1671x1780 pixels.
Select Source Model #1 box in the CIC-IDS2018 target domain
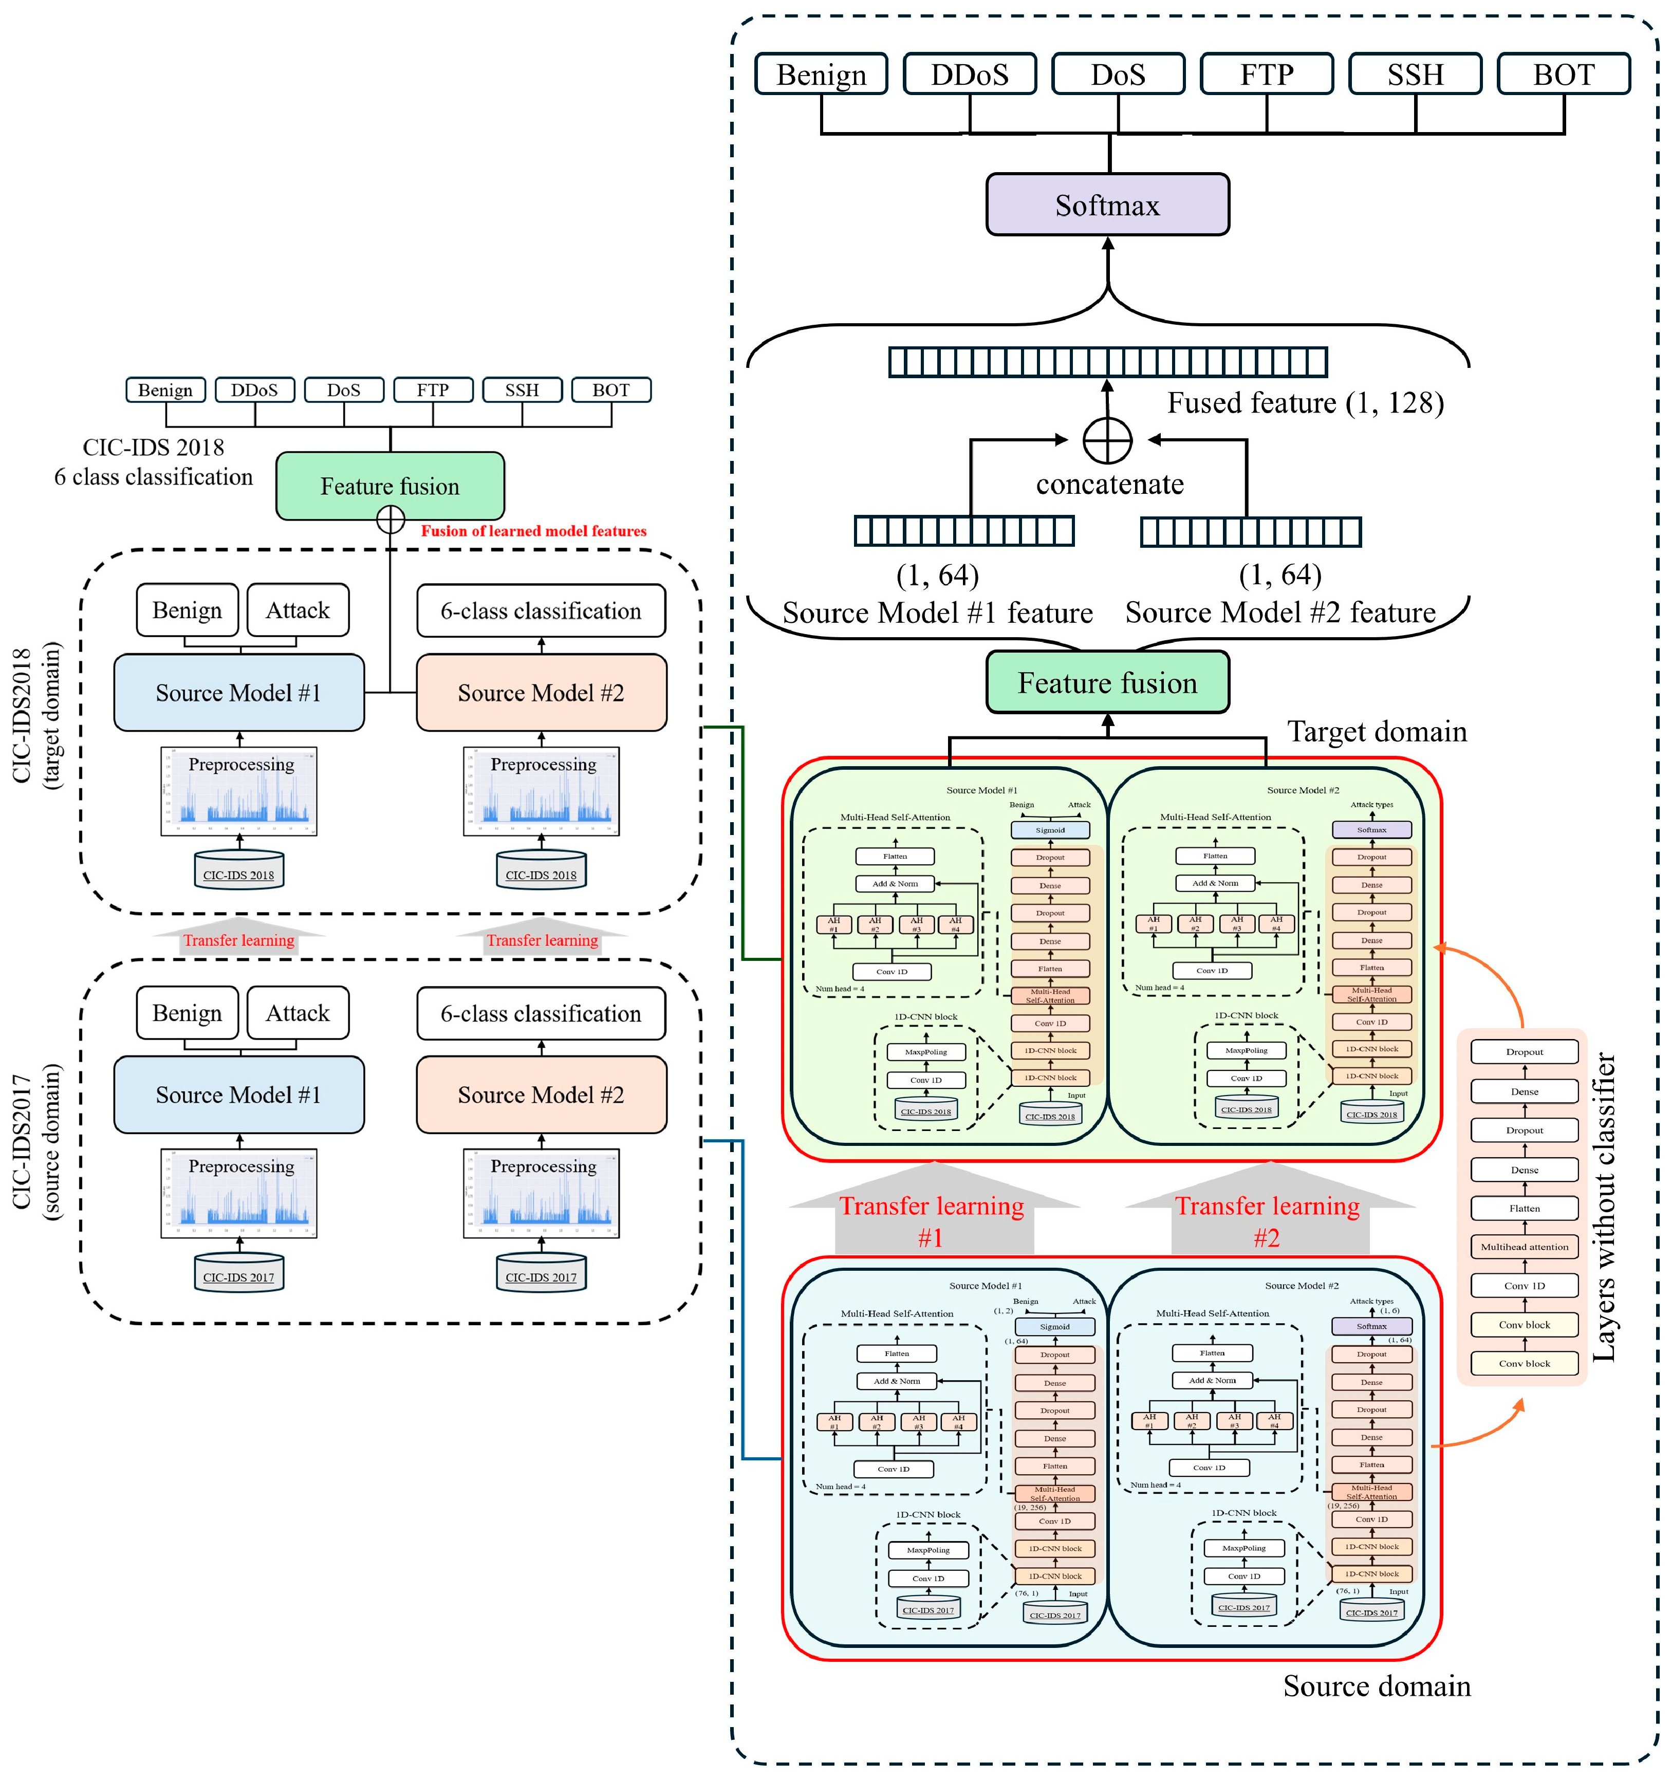coord(238,693)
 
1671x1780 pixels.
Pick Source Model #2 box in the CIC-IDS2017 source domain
coord(541,1095)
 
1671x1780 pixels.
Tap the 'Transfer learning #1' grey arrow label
coord(931,1221)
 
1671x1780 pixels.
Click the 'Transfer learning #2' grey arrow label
coord(1267,1221)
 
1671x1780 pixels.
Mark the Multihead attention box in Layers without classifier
coord(1524,1246)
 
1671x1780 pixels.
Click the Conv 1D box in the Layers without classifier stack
coord(1524,1286)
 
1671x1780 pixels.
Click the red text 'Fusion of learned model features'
coord(534,531)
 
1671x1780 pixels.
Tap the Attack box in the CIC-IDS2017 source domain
coord(298,1013)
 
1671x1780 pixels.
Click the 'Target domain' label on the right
coord(1377,732)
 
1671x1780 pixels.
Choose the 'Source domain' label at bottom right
coord(1377,1686)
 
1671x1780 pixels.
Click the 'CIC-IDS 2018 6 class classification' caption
coord(153,462)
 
